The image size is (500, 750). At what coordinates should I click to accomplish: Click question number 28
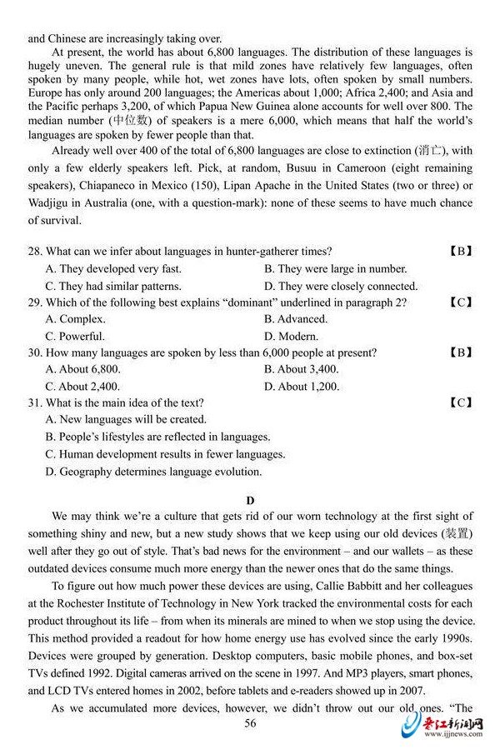click(34, 252)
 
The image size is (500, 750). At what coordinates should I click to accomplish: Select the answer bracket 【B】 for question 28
click(460, 252)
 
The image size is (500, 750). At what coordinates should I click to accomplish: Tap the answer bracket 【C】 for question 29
click(460, 302)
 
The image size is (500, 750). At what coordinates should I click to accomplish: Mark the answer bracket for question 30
click(460, 352)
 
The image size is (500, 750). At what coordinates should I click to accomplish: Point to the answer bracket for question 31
click(460, 403)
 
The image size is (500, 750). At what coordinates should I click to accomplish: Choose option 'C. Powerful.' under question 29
click(75, 337)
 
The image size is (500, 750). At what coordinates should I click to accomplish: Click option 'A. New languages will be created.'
click(126, 420)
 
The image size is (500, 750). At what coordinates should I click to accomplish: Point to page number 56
click(250, 723)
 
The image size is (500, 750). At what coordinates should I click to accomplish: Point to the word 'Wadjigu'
click(49, 202)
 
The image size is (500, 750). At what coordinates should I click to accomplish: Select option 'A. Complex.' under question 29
click(75, 319)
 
